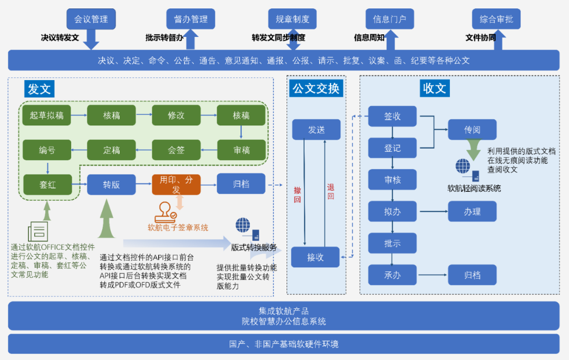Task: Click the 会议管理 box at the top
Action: pos(91,20)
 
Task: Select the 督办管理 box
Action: pos(191,20)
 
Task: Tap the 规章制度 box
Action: pos(292,20)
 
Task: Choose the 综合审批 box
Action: pos(496,20)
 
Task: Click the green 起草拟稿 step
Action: pos(47,115)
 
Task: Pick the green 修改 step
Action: pos(176,115)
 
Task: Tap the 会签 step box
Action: pos(176,150)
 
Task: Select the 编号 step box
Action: pos(47,150)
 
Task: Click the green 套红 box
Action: pos(47,184)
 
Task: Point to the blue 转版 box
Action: pos(111,184)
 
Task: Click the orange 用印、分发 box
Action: pos(176,184)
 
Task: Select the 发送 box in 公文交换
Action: pos(316,130)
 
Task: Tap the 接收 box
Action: pos(316,258)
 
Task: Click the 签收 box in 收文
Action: pos(392,116)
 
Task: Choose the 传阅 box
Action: pos(472,130)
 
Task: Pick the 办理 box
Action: pos(472,211)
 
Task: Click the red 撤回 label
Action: pos(297,194)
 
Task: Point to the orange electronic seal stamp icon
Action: pos(165,212)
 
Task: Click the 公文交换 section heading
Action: pos(316,88)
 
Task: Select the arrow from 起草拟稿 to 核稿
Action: pos(79,115)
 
